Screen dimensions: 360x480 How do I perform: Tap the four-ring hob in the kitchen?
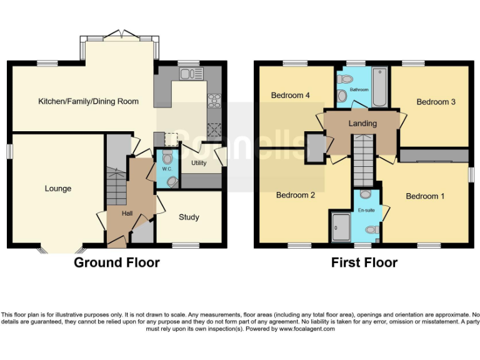pos(214,100)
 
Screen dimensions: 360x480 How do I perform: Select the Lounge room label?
pos(57,189)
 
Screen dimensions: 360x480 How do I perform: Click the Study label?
pos(189,217)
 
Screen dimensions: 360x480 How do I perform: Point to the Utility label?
pos(194,163)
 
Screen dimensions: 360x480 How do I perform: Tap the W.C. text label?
pos(166,169)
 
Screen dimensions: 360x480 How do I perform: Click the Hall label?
pos(127,214)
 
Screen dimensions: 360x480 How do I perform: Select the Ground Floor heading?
pos(117,262)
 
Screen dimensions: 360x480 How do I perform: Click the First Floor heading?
pos(364,262)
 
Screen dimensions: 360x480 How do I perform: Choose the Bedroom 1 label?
pos(425,196)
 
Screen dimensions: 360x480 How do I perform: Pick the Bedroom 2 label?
pos(295,195)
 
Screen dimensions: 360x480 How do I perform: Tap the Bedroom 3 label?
pos(436,102)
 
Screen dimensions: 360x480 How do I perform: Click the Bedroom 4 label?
pos(290,96)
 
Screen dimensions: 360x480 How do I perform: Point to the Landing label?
pos(362,124)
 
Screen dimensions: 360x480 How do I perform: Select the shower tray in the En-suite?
pos(341,227)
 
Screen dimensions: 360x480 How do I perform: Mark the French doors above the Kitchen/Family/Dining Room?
pos(119,36)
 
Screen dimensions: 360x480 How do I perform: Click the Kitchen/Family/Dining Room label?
pos(88,101)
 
